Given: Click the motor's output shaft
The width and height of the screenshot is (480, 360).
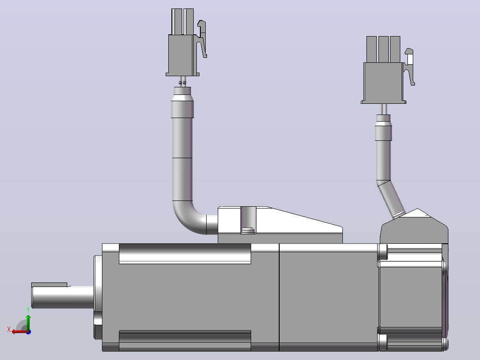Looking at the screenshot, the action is (63, 297).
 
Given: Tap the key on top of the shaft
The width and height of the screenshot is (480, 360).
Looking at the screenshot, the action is (49, 285).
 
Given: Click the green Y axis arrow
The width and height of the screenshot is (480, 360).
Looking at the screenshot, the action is (28, 322).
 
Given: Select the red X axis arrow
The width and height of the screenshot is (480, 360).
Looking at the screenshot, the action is (20, 331).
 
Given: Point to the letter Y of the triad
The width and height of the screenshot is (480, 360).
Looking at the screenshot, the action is (28, 310).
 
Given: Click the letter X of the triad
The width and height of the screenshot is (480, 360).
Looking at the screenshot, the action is (9, 329).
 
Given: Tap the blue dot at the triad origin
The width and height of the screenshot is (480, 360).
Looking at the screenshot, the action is (28, 332).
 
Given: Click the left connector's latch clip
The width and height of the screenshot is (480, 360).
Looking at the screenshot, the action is (202, 38).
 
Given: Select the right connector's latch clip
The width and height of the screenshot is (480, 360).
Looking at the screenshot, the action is (409, 66).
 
